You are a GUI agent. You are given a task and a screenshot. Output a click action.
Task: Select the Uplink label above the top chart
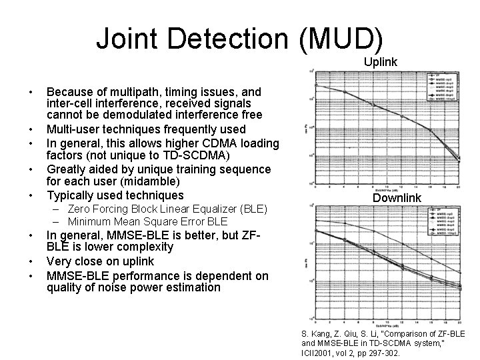click(x=381, y=62)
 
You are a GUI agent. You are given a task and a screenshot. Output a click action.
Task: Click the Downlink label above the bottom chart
click(x=397, y=198)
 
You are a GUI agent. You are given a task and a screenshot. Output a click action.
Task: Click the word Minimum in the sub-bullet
click(x=89, y=221)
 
